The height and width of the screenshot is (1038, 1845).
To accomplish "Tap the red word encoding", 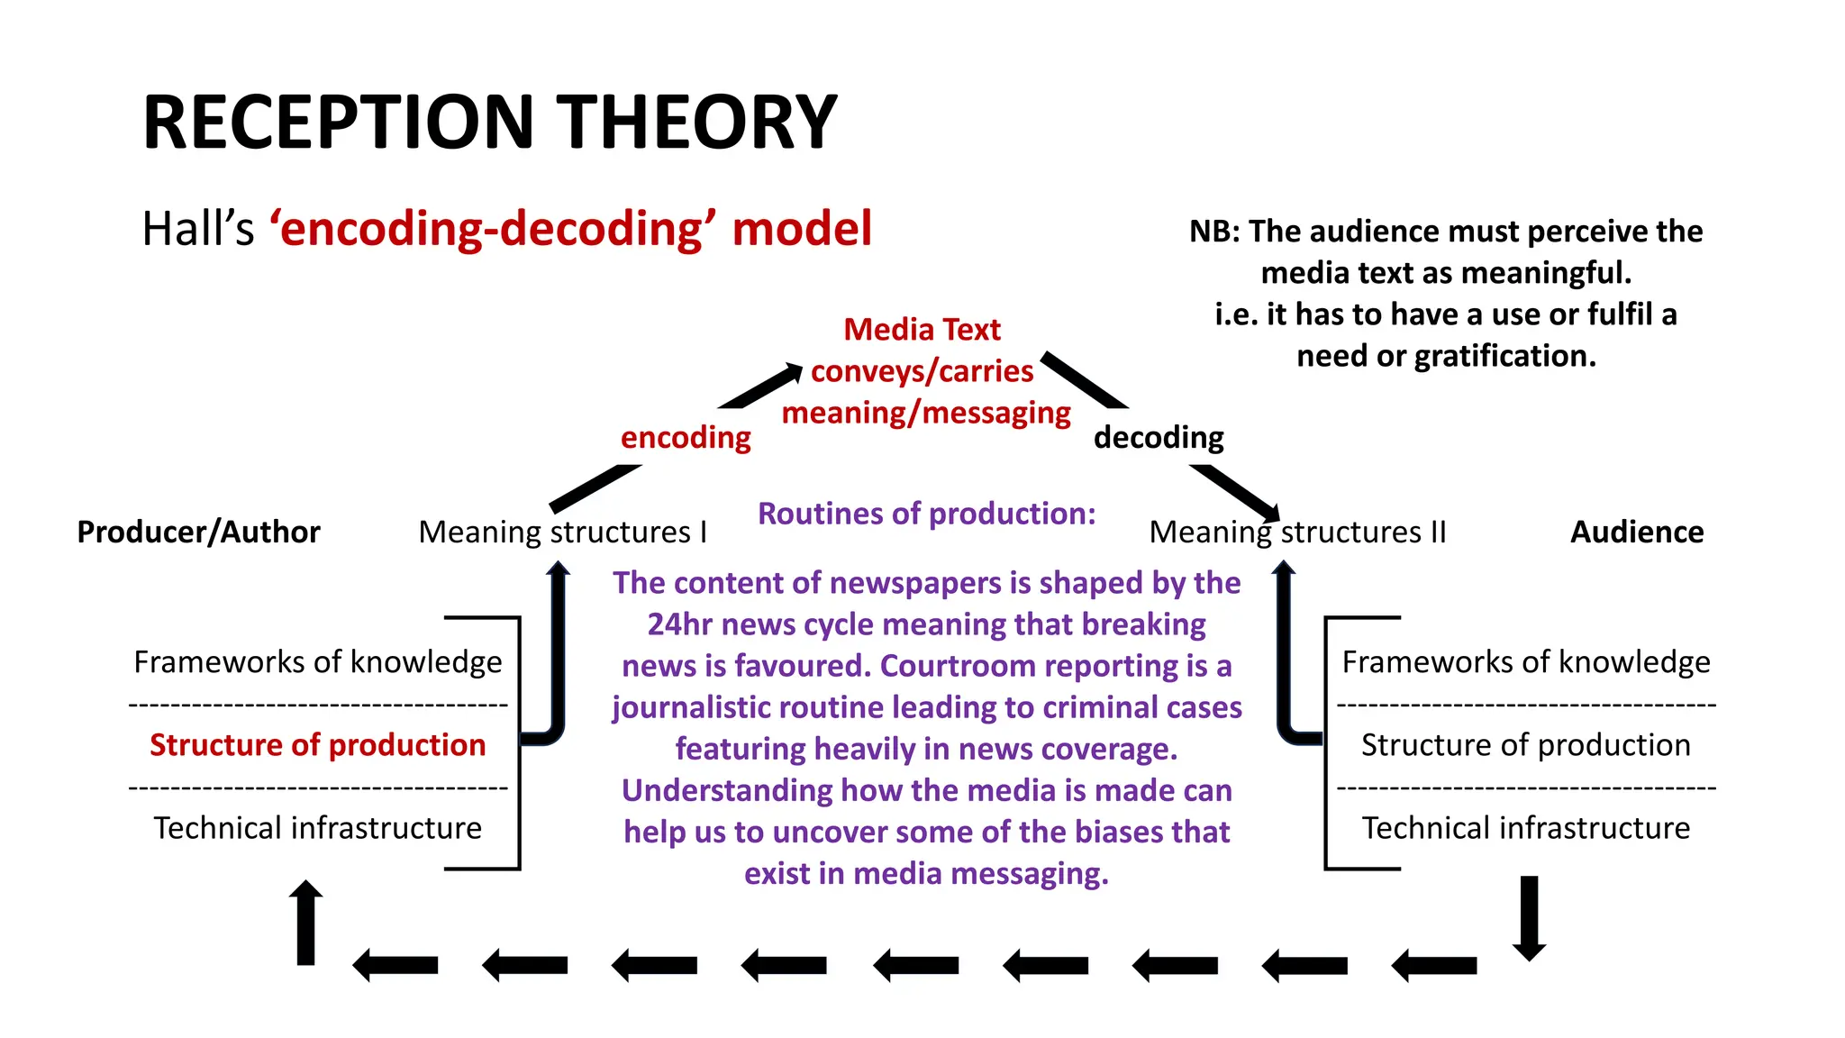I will click(686, 437).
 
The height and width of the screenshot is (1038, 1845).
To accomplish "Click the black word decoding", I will click(1159, 437).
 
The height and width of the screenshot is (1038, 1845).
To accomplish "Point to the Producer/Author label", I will click(198, 532).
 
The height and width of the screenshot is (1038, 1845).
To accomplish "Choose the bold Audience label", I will click(1637, 532).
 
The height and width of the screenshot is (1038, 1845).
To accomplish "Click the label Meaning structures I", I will click(562, 532).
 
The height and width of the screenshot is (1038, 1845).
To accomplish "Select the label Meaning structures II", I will click(1297, 532).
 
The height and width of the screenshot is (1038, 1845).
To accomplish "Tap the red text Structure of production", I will click(317, 745).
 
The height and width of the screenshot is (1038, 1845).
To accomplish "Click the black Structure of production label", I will click(1525, 745).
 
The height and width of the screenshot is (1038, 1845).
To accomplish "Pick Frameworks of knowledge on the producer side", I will click(317, 662).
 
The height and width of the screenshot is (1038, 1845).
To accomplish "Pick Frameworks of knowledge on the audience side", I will click(1525, 662).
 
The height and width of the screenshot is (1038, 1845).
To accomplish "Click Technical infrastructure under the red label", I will click(317, 828).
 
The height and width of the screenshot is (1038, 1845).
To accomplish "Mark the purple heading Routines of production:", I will click(926, 514).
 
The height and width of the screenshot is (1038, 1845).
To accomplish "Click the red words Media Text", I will click(922, 330).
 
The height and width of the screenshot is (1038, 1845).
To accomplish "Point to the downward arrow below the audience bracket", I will click(1529, 917).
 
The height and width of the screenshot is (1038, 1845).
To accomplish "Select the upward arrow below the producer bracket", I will click(306, 923).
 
